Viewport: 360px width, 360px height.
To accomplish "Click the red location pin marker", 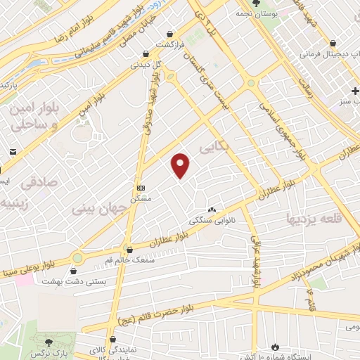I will tap(181, 165).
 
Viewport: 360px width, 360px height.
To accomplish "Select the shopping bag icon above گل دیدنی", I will tap(146, 53).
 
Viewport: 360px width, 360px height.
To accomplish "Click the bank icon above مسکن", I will tap(141, 188).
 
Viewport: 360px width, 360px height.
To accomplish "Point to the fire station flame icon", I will tap(275, 347).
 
